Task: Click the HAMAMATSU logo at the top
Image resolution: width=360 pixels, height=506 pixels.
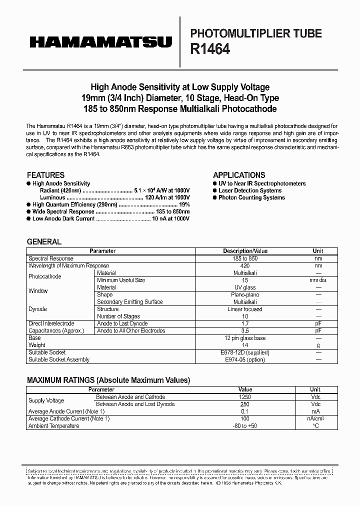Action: pyautogui.click(x=100, y=43)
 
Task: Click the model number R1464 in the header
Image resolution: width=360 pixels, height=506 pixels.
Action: pyautogui.click(x=210, y=49)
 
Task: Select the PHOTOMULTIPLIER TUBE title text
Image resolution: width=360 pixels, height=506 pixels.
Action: pyautogui.click(x=256, y=33)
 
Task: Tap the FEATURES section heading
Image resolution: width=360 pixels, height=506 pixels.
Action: pyautogui.click(x=45, y=175)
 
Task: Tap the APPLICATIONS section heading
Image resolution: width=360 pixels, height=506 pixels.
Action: pyautogui.click(x=239, y=175)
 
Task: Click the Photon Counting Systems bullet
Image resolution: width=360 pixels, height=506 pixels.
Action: pyautogui.click(x=251, y=197)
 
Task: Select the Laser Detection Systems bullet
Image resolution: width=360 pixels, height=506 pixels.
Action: pyautogui.click(x=250, y=190)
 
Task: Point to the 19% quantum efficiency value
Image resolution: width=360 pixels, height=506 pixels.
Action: pyautogui.click(x=184, y=204)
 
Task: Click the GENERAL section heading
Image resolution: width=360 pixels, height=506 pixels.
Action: pyautogui.click(x=44, y=241)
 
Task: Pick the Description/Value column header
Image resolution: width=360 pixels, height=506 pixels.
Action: pyautogui.click(x=245, y=251)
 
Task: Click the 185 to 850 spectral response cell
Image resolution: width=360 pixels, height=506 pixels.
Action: pyautogui.click(x=245, y=258)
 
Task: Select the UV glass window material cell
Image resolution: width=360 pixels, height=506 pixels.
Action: pyautogui.click(x=245, y=287)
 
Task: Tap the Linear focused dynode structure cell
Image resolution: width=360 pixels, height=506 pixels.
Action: pyautogui.click(x=245, y=309)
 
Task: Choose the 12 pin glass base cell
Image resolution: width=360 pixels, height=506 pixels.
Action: pyautogui.click(x=245, y=338)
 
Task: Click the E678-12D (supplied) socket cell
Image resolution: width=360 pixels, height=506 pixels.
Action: pyautogui.click(x=245, y=352)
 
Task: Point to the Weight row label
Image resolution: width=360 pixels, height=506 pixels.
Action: pyautogui.click(x=37, y=345)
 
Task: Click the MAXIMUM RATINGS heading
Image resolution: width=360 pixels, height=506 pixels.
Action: pyautogui.click(x=108, y=380)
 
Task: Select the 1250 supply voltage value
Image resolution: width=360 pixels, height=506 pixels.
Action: pyautogui.click(x=245, y=397)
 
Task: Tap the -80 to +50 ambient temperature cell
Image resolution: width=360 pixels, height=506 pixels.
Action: pyautogui.click(x=245, y=425)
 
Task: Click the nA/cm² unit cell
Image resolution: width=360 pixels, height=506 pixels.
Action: pyautogui.click(x=315, y=418)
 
